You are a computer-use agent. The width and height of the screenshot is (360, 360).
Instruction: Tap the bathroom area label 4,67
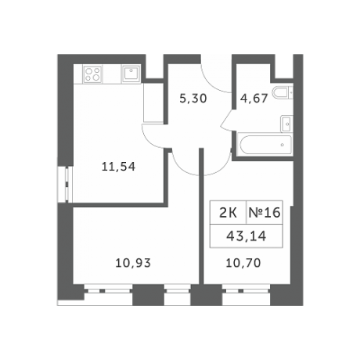tap(254, 99)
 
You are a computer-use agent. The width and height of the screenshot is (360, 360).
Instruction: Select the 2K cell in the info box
tap(228, 212)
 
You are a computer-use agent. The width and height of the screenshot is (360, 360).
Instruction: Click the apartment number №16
tap(265, 212)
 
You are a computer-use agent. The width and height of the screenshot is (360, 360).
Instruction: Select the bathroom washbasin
tap(286, 123)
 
